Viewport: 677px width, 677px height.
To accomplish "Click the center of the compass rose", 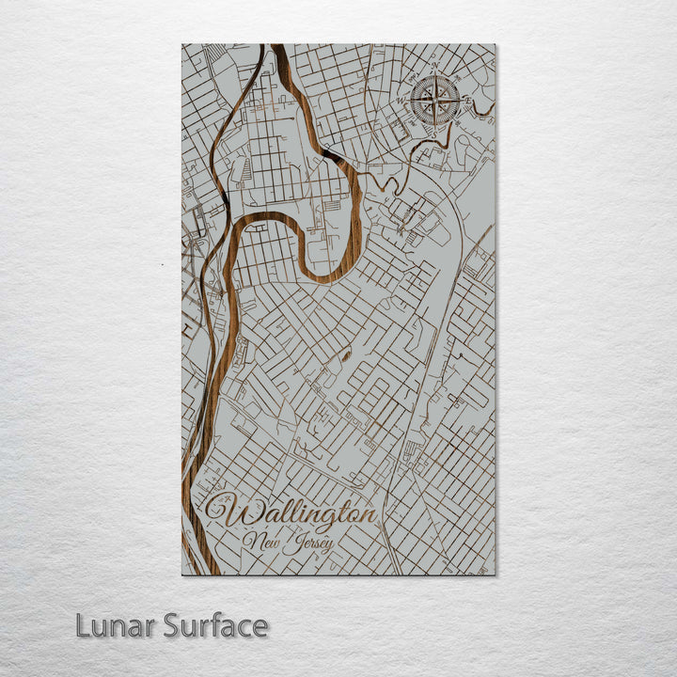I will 435,98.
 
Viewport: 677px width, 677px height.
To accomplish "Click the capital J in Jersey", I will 292,542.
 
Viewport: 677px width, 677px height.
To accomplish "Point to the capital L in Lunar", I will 83,625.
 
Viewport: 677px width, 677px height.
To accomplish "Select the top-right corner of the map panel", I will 495,44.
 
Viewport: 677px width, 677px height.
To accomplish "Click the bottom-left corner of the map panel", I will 181,575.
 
